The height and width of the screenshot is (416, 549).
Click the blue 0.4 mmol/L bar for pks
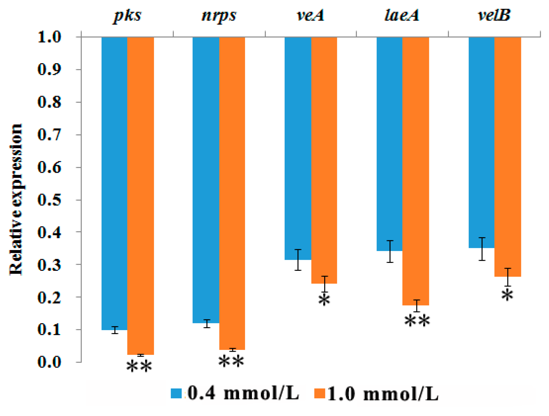click(114, 183)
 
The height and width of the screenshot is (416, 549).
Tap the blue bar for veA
click(298, 148)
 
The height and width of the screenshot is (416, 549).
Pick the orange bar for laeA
click(416, 171)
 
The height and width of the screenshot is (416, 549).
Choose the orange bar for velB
click(507, 156)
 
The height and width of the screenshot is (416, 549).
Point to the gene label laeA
click(402, 15)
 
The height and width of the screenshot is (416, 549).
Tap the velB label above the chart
click(494, 15)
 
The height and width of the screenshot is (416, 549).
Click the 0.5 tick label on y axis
click(49, 200)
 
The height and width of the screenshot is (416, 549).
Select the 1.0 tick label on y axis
click(49, 37)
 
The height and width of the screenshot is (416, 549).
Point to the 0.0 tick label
click(49, 362)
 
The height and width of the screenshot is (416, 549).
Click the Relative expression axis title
click(16, 199)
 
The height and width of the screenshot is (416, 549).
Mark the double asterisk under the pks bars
click(139, 367)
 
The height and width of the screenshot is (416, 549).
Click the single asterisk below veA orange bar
click(324, 300)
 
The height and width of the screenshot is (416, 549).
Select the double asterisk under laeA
click(417, 321)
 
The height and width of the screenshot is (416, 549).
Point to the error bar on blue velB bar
click(482, 249)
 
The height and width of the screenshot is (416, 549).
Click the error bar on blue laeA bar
click(390, 251)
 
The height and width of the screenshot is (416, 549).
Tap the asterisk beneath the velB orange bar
click(507, 295)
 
